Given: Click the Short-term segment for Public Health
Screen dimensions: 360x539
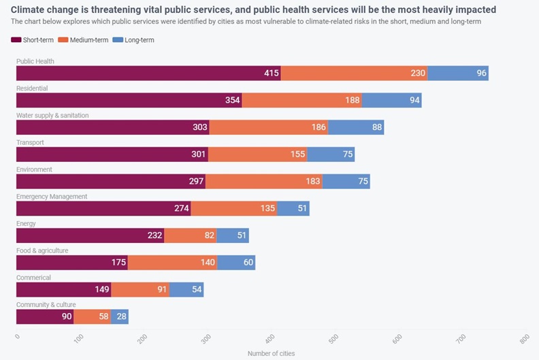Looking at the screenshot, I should tap(148, 73).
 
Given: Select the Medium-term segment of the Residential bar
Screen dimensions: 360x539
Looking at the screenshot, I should tap(301, 100).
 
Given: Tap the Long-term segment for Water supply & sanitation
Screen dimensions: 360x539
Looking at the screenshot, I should tap(356, 127).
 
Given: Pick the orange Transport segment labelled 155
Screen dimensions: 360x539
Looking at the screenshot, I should tap(258, 154).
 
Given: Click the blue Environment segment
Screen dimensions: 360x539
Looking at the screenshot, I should tap(346, 181).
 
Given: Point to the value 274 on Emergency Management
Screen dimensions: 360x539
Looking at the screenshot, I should tap(181, 208).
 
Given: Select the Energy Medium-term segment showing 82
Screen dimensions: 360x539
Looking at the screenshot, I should tap(191, 235).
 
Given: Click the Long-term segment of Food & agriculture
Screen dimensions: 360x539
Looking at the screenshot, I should tap(236, 262).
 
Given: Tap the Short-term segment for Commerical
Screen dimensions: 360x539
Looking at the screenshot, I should tap(64, 289).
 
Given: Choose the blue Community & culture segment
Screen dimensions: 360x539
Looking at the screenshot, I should tap(119, 316).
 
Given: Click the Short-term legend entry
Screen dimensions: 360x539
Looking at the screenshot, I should tap(33, 40).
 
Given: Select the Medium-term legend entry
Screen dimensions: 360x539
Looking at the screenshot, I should tap(82, 40).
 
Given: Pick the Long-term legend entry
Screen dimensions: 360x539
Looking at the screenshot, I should tap(133, 40).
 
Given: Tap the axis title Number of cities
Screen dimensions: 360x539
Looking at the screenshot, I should tap(271, 353).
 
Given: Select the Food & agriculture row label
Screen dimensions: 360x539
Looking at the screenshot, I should tap(42, 250).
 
